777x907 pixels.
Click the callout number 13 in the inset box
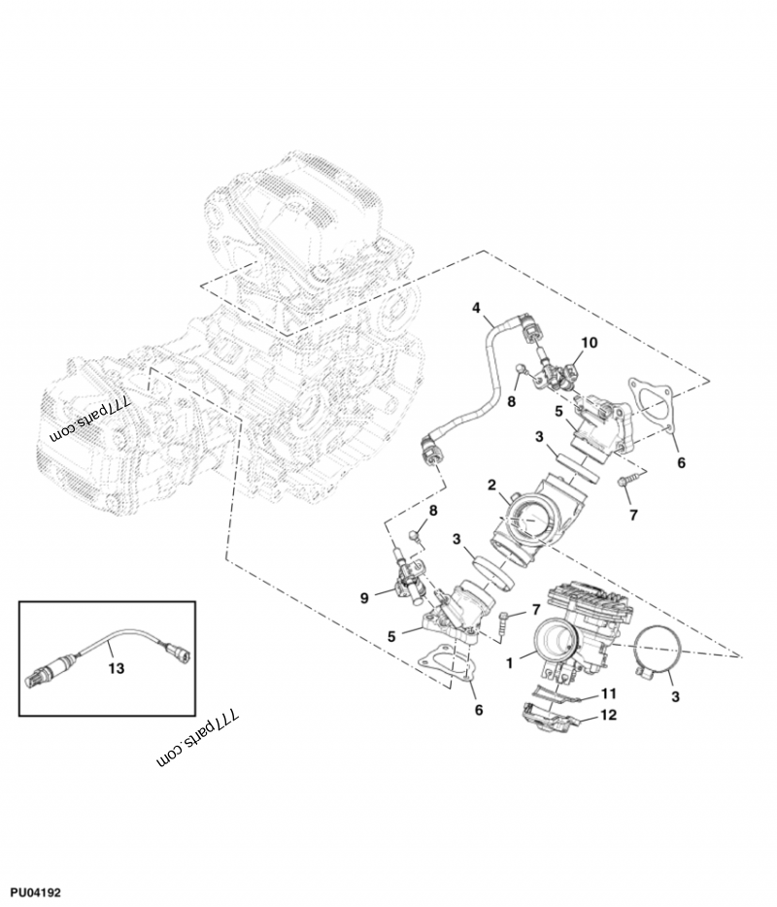tap(117, 669)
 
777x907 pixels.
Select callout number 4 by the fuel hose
tap(476, 308)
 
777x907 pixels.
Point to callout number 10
tap(590, 343)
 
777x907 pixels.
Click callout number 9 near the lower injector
tap(365, 598)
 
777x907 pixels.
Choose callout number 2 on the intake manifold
tap(492, 485)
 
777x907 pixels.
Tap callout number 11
tap(609, 694)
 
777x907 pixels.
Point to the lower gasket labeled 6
tap(450, 669)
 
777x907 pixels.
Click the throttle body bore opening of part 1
tap(557, 642)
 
